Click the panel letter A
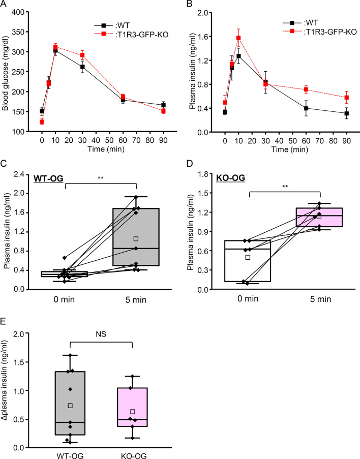tap(4, 4)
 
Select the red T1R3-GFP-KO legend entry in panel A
tap(131, 35)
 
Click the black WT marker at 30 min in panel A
tap(82, 67)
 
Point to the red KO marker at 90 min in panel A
tap(163, 111)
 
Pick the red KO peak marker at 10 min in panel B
tap(238, 38)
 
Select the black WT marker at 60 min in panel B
tap(306, 108)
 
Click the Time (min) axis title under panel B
tap(290, 149)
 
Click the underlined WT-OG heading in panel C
tap(49, 178)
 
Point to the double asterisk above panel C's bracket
tap(100, 178)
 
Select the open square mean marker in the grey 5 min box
tap(136, 239)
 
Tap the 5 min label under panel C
tap(136, 300)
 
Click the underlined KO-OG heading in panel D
tap(230, 178)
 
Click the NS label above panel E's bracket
tap(101, 334)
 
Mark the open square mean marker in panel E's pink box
tap(132, 412)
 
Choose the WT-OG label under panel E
tap(70, 455)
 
